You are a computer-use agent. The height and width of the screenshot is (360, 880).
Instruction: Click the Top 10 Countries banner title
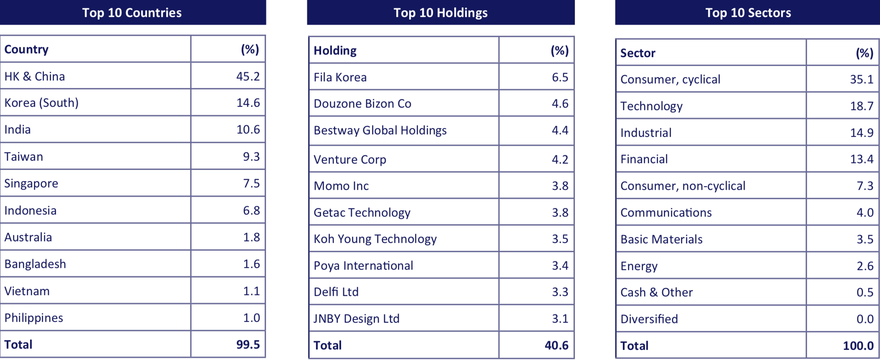point(132,13)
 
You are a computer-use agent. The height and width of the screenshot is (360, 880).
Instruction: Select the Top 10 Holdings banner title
point(440,13)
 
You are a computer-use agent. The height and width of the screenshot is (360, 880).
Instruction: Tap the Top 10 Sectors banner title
point(748,13)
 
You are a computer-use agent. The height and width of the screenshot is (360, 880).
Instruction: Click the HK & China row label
point(35,76)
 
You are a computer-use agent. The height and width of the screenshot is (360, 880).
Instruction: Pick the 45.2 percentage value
point(248,76)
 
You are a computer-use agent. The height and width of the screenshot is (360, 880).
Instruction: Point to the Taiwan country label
point(24,157)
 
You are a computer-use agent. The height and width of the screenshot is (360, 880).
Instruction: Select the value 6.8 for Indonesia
point(251,210)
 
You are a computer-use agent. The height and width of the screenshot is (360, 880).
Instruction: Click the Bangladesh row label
point(35,264)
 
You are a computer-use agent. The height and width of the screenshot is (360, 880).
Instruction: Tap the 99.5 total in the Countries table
point(248,345)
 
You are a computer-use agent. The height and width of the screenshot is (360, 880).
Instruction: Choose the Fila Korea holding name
point(340,77)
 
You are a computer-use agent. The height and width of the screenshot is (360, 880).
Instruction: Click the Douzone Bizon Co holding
point(362,104)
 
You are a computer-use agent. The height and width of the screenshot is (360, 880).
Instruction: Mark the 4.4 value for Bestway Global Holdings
point(560,130)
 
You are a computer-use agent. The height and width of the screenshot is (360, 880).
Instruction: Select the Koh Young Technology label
point(375,239)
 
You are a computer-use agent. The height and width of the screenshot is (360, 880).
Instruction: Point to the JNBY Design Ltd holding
point(357,319)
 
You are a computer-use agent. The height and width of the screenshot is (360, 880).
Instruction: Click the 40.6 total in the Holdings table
point(556,345)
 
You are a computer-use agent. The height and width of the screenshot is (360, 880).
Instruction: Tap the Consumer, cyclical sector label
point(670,79)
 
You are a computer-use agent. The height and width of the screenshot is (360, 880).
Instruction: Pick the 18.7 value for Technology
point(862,106)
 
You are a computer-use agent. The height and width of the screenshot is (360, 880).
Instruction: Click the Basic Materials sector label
point(661,239)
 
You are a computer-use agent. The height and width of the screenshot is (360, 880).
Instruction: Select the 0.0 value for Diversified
point(865,319)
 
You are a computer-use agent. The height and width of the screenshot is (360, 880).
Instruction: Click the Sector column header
point(638,53)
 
